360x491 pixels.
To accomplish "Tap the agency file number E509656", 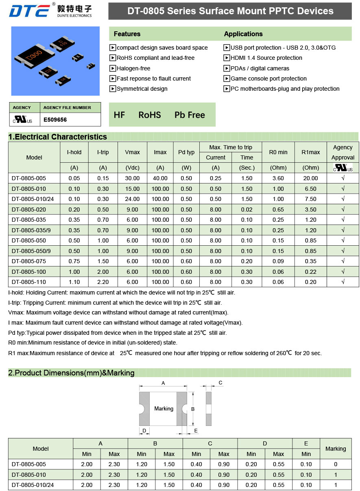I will (x=55, y=120).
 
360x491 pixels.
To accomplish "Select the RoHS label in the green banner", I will (x=149, y=115).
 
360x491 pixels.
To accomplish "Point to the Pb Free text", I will (x=190, y=115).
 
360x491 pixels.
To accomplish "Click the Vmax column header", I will (x=132, y=152).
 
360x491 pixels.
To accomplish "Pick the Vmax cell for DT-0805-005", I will (x=132, y=178).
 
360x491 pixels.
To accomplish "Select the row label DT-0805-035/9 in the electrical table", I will (x=31, y=230).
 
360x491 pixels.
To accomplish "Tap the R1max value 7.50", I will (x=311, y=199).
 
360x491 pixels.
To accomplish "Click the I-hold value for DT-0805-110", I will (x=74, y=282).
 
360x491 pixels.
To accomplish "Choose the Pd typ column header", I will (x=186, y=152).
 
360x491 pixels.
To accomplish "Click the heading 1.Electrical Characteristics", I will (x=57, y=137).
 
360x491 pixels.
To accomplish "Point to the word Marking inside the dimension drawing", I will (x=164, y=408).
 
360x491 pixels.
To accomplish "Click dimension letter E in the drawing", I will (x=196, y=430).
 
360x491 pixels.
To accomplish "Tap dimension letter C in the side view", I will (x=220, y=383).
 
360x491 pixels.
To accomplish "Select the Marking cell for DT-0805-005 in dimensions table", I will (x=335, y=464).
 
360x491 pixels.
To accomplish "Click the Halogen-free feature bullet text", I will (x=133, y=68).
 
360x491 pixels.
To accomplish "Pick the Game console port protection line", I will (x=268, y=79).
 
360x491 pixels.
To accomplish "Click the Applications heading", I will (x=243, y=34).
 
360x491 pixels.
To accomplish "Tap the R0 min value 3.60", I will (x=278, y=178).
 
